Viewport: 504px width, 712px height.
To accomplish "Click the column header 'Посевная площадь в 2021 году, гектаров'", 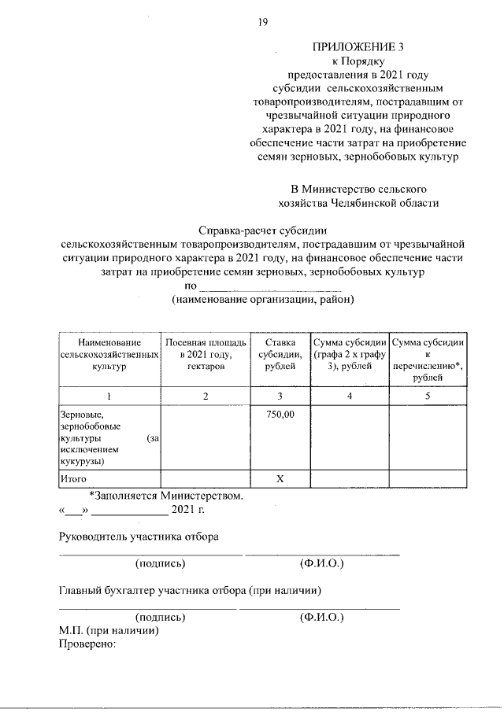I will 206,355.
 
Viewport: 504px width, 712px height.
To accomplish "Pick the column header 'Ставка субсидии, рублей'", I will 280,355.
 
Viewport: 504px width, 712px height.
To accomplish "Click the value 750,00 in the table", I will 280,413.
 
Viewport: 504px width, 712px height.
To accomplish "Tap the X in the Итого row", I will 280,478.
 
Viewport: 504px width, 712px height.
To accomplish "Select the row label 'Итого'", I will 73,478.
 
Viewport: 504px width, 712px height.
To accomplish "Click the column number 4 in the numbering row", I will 350,396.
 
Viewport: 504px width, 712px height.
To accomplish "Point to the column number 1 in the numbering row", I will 109,396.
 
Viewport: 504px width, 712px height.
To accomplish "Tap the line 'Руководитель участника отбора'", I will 139,537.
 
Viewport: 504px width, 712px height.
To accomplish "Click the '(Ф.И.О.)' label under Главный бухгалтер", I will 321,618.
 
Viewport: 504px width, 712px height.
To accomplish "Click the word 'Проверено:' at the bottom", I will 87,644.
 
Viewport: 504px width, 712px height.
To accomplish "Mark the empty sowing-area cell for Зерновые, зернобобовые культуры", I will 206,437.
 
